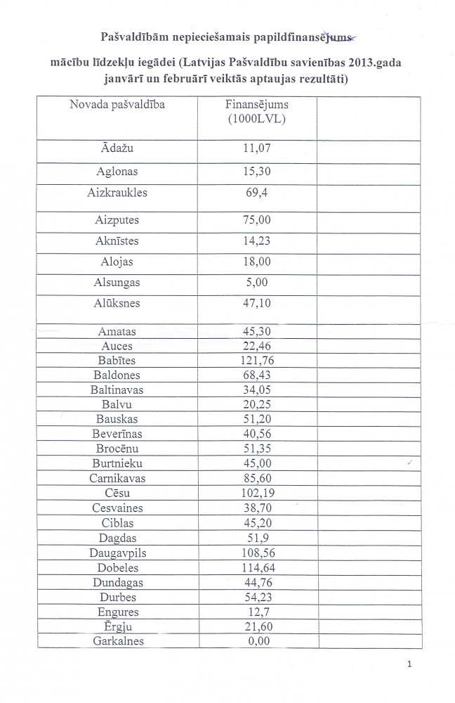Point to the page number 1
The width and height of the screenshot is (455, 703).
click(x=409, y=664)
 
